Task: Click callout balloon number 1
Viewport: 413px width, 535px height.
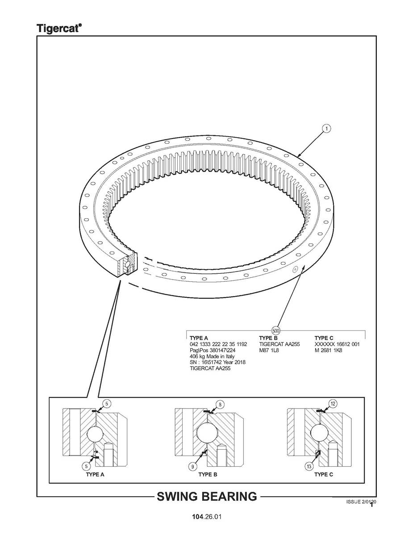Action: click(326, 129)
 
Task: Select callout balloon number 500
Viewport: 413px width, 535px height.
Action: click(275, 330)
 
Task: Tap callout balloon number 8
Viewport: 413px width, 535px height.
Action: click(221, 405)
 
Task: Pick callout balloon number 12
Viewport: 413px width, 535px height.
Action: click(333, 404)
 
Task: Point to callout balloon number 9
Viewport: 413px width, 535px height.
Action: click(193, 466)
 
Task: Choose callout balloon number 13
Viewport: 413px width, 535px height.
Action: click(309, 466)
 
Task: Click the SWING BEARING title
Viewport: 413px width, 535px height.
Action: click(207, 496)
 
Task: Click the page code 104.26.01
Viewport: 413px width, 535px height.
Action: click(207, 517)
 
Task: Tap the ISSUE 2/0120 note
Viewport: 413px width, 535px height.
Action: click(361, 502)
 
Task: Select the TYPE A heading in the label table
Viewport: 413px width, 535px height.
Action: click(199, 338)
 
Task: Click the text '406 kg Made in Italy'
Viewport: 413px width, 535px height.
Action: click(212, 356)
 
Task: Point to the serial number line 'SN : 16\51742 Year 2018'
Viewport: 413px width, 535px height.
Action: click(217, 362)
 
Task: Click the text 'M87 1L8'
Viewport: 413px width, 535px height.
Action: click(269, 351)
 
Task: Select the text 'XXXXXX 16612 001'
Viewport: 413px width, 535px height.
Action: click(337, 344)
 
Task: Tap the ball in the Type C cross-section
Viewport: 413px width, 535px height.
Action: click(319, 434)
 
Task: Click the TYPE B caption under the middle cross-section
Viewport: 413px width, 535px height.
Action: click(208, 475)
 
